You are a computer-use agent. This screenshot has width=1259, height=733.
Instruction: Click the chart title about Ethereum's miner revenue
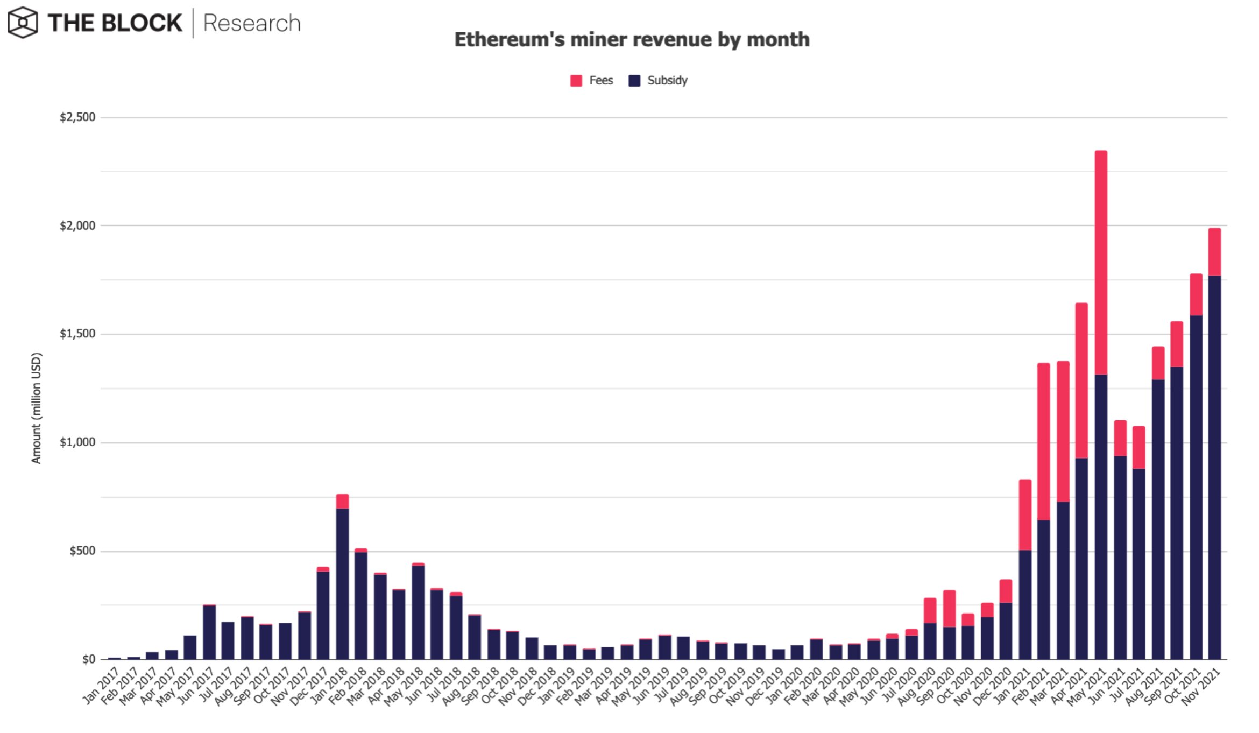pos(632,40)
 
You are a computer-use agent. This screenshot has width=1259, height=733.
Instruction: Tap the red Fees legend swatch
pos(576,81)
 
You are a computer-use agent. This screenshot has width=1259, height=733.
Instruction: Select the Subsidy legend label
pos(667,81)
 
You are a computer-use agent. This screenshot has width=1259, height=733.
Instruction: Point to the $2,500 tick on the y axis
pos(77,117)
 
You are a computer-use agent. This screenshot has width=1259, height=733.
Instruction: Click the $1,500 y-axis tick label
pos(77,334)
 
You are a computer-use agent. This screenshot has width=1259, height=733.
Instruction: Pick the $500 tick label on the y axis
pos(82,551)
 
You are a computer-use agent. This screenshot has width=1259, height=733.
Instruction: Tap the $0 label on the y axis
pos(89,659)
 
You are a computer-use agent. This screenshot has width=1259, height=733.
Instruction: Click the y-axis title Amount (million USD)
pos(36,408)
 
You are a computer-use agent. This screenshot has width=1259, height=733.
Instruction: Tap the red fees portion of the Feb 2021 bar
pos(1044,441)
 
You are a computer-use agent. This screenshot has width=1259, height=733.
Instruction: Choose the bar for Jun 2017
pos(209,632)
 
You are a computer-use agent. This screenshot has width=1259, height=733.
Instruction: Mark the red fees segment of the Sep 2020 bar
pos(949,609)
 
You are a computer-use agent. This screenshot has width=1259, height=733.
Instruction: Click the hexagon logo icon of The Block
pos(23,23)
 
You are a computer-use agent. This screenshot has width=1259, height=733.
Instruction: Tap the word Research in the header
pos(252,23)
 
